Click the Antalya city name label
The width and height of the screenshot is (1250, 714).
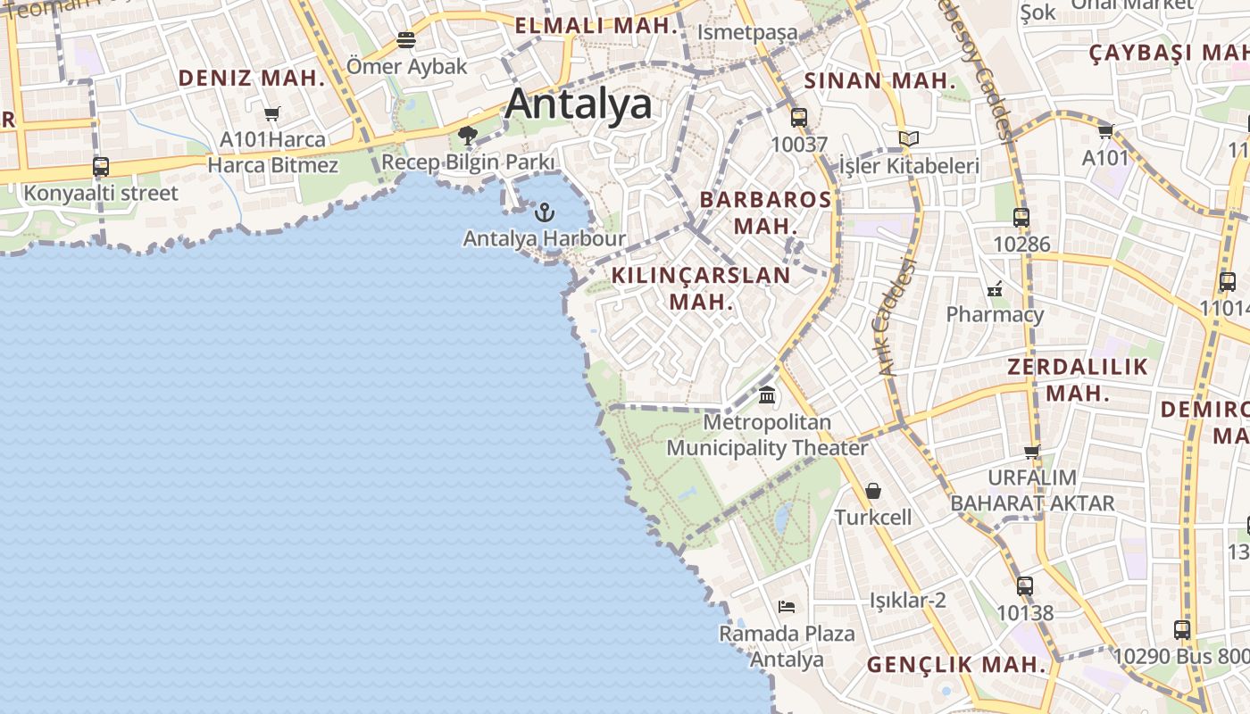579,104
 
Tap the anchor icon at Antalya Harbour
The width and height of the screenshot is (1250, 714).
544,212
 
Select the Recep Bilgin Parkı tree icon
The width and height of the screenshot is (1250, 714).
467,136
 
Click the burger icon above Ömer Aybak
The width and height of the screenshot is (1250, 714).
406,39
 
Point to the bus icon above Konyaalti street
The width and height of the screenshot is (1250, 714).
101,167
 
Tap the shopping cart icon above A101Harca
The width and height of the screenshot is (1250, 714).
272,113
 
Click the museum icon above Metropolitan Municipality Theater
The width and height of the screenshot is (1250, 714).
767,394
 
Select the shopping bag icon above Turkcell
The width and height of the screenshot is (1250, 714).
873,491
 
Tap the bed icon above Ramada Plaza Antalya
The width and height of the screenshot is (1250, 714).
787,607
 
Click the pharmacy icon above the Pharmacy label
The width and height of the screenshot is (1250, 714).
995,288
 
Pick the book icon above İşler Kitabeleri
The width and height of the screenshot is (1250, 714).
909,139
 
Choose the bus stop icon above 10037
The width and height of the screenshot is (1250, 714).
799,117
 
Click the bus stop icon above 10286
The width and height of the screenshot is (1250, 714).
1021,217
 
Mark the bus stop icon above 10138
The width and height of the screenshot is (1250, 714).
1025,586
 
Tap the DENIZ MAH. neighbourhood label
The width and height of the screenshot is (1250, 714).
252,78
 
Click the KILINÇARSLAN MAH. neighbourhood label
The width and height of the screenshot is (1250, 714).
701,288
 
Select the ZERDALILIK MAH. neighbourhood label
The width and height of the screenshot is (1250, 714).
1078,379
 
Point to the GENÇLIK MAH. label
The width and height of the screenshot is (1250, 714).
956,665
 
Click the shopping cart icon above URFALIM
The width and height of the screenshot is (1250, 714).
1033,452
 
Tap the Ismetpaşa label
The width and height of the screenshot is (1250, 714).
747,33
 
